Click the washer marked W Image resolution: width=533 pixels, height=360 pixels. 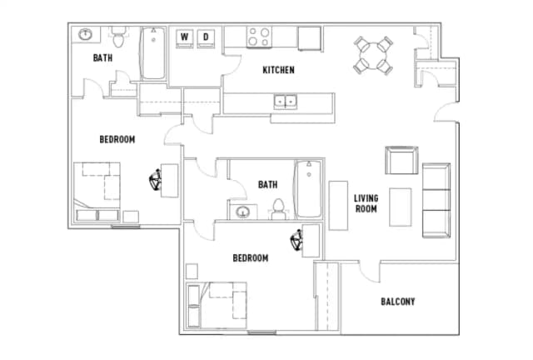click(x=184, y=37)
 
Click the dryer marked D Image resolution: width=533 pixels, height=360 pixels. click(x=207, y=37)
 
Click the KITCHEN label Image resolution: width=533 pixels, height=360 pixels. click(x=278, y=70)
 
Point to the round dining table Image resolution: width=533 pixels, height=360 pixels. click(x=372, y=54)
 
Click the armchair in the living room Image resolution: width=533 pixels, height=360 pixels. click(x=401, y=159)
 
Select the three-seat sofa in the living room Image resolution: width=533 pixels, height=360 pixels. click(x=436, y=200)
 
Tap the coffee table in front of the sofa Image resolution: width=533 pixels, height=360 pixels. click(x=401, y=208)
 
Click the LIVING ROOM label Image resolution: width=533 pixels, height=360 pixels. click(x=366, y=203)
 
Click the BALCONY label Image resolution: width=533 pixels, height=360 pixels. click(x=397, y=302)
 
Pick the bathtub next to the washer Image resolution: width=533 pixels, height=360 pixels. click(x=153, y=54)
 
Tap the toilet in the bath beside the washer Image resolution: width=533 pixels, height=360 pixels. click(x=119, y=38)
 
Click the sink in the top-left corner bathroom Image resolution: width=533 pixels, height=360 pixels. click(x=85, y=35)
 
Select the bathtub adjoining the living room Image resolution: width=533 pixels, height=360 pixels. click(x=307, y=188)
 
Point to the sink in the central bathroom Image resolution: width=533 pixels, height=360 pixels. click(x=242, y=212)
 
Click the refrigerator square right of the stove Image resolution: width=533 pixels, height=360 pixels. click(x=310, y=38)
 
